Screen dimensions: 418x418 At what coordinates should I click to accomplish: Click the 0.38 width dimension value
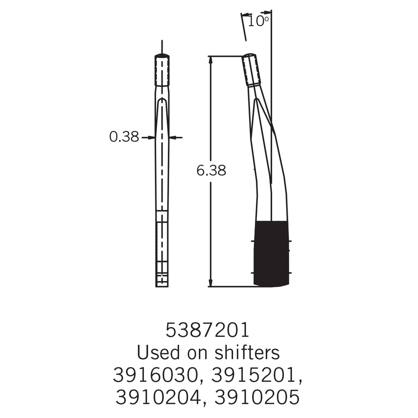[124, 137]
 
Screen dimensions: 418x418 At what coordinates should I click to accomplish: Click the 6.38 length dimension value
[211, 170]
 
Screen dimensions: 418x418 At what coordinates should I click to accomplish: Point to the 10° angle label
[258, 21]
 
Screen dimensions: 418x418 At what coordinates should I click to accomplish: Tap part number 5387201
[207, 330]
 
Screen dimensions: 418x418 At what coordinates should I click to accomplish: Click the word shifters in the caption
[247, 352]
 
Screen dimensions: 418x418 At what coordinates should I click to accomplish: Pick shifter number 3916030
[157, 375]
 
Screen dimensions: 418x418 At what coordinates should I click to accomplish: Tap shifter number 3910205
[257, 397]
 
